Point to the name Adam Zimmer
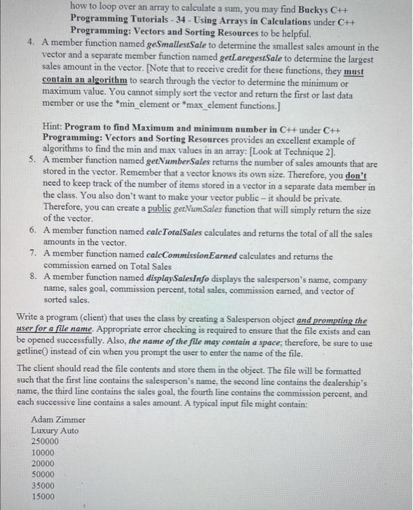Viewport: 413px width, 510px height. pyautogui.click(x=58, y=420)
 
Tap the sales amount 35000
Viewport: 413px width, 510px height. pyautogui.click(x=43, y=485)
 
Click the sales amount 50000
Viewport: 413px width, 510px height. pyautogui.click(x=43, y=474)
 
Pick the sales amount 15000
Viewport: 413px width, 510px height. pyautogui.click(x=43, y=496)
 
